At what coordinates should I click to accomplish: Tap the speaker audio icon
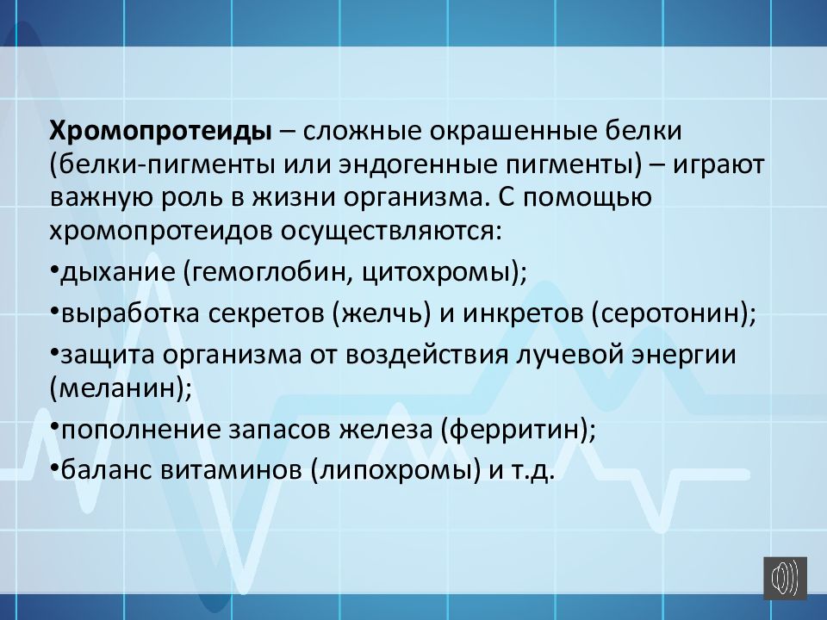(784, 577)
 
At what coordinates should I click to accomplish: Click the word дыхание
(116, 272)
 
